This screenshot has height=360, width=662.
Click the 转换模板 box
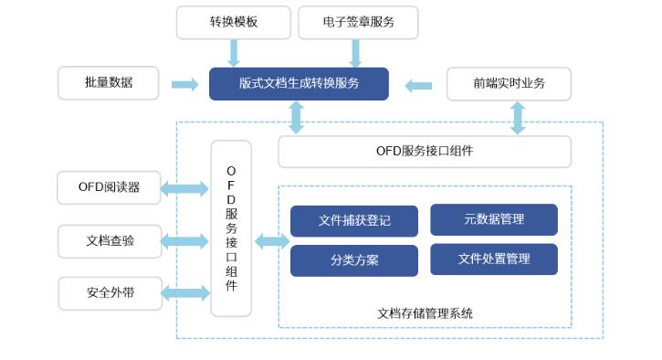click(233, 22)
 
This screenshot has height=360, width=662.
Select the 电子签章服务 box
click(358, 22)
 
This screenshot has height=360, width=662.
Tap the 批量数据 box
click(109, 83)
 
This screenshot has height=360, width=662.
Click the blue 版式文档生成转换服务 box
click(299, 83)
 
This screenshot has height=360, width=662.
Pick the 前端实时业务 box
click(509, 83)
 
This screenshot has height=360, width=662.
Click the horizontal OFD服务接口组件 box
click(425, 152)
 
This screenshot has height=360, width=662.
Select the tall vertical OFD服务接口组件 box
click(231, 228)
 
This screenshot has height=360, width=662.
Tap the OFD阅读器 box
click(109, 187)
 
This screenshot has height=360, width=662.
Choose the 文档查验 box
click(109, 241)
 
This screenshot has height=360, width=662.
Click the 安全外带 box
click(109, 293)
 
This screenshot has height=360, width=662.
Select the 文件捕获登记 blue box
click(354, 221)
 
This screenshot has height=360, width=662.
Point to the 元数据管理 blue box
click(493, 219)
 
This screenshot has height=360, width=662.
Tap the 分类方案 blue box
click(354, 260)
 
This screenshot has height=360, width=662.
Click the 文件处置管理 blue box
click(493, 259)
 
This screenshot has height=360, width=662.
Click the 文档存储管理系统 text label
click(425, 313)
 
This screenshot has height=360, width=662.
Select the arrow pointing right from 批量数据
click(184, 84)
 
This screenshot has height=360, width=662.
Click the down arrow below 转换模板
click(234, 52)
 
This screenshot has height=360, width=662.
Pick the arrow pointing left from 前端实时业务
click(418, 86)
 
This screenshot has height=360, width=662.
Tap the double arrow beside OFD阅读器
click(185, 189)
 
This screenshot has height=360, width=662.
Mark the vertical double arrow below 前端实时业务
click(518, 118)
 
